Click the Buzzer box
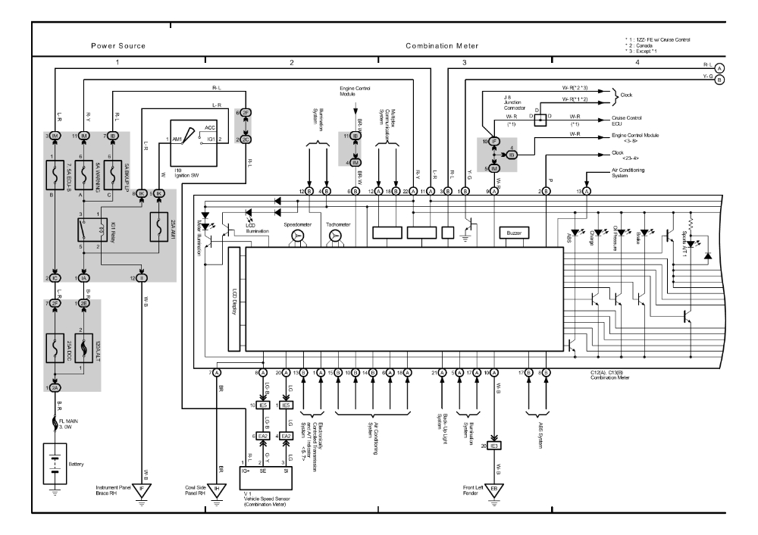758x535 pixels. coord(514,233)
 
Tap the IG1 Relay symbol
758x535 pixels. coord(86,230)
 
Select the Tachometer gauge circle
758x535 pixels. coord(334,237)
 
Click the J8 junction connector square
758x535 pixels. coord(540,120)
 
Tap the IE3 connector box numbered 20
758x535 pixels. coord(494,445)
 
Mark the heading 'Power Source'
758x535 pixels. coord(119,46)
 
